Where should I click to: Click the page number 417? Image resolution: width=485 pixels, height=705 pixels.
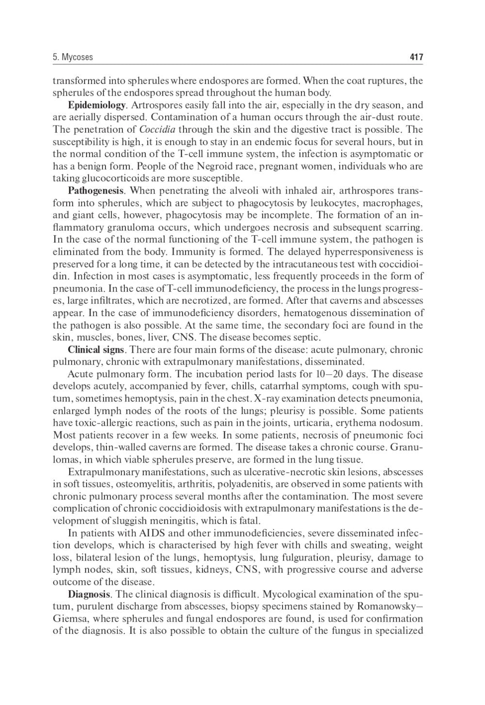[416, 57]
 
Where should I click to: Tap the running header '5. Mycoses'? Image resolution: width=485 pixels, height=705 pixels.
[73, 57]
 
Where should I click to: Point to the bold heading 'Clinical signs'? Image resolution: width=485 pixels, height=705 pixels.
[97, 350]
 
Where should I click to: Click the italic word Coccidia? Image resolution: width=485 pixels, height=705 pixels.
[157, 129]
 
